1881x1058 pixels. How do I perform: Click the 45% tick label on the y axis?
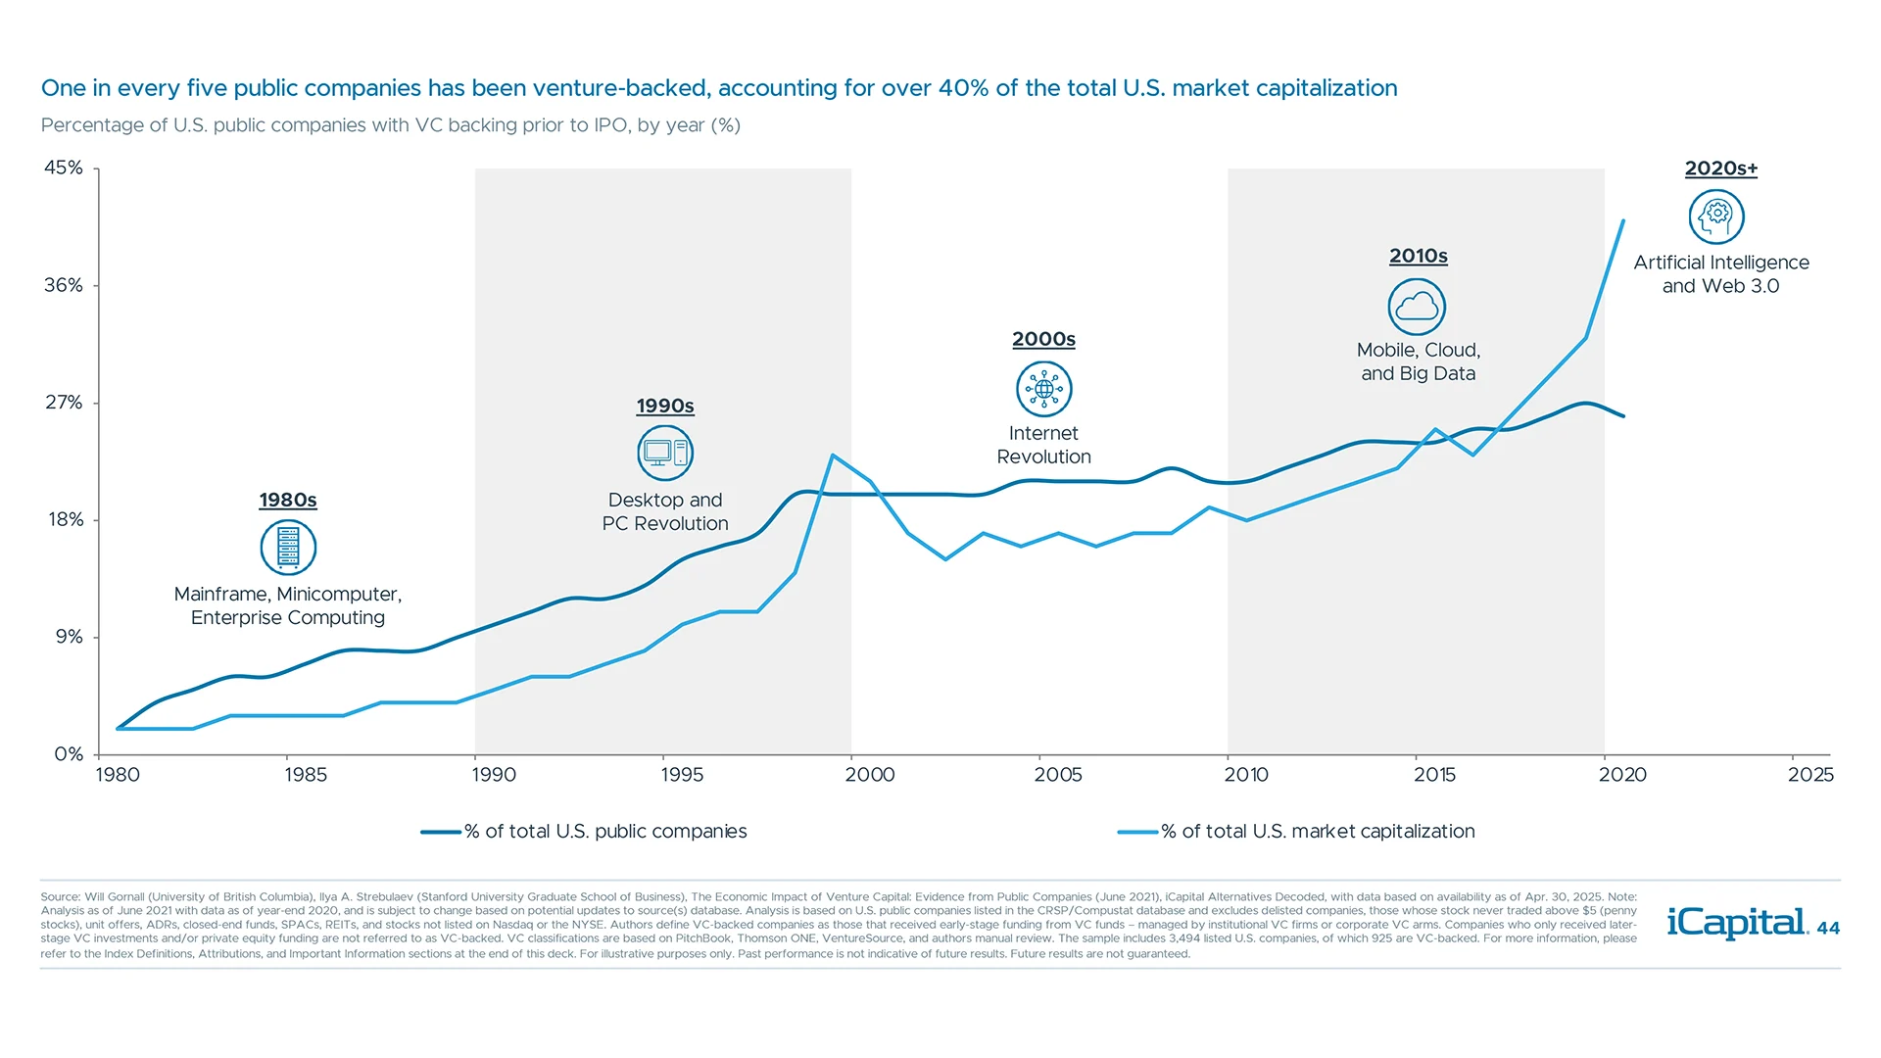[x=63, y=168]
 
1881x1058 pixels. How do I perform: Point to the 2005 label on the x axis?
[x=1058, y=775]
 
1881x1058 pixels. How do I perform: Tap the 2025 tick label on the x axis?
[x=1810, y=775]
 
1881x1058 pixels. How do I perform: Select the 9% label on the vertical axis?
[x=69, y=637]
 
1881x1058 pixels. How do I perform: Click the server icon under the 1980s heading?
[x=288, y=548]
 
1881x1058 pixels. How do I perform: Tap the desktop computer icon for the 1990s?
[x=665, y=453]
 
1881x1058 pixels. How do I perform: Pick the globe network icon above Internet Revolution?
[x=1044, y=389]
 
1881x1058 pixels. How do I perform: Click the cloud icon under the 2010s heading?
[x=1417, y=307]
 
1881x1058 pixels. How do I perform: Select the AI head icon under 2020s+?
[x=1716, y=216]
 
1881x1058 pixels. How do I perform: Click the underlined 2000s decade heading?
[x=1043, y=339]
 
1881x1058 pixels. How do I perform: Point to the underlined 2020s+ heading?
[x=1720, y=168]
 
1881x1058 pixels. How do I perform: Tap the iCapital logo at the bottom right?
[x=1736, y=923]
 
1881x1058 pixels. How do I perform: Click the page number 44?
[x=1828, y=929]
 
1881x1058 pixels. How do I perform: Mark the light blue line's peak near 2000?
[x=833, y=456]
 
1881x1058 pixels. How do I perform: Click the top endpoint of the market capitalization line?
[x=1623, y=220]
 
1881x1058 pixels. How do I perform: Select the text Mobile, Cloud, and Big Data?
[x=1418, y=361]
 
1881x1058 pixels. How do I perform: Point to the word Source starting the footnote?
[x=60, y=896]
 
